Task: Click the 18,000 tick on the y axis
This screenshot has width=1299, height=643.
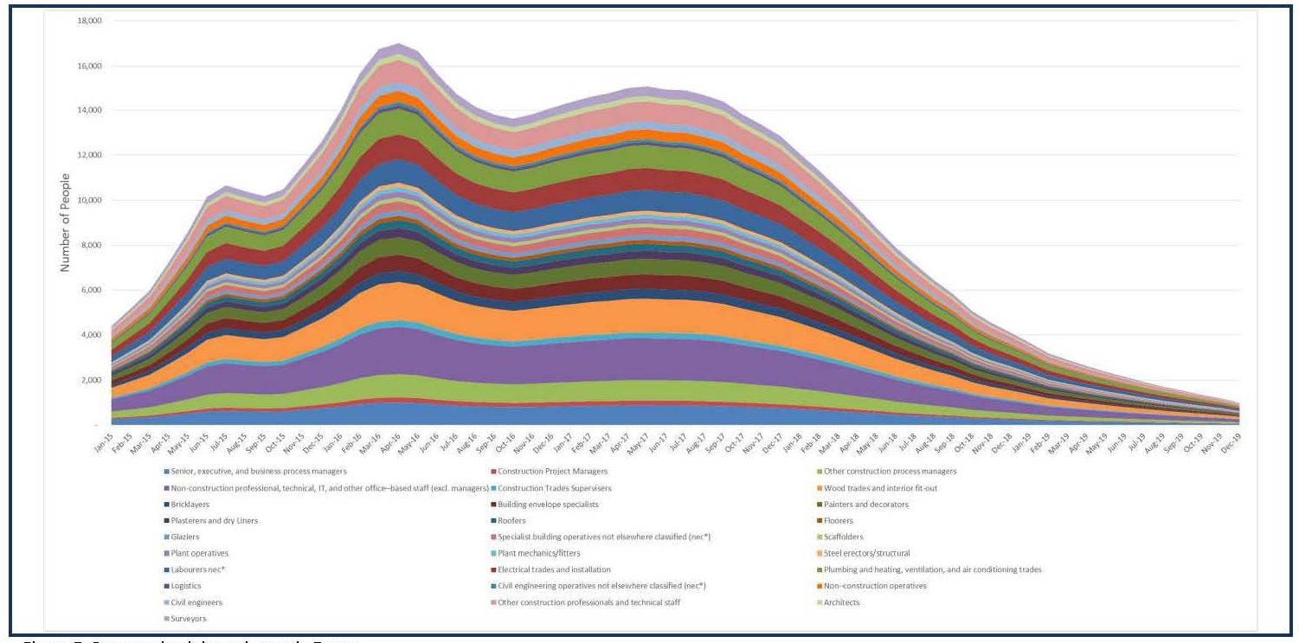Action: click(89, 21)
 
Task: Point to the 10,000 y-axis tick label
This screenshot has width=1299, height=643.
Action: click(89, 201)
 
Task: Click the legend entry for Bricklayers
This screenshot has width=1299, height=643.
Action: click(186, 504)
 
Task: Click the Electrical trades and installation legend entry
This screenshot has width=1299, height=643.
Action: click(554, 569)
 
